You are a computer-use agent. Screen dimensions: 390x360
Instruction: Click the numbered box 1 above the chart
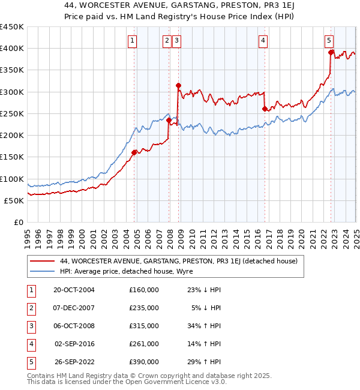coord(132,41)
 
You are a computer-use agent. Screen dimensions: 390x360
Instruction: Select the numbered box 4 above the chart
coord(263,41)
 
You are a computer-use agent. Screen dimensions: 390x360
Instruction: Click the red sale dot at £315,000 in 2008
coord(178,86)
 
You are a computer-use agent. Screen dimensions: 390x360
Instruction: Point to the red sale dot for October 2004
coord(134,152)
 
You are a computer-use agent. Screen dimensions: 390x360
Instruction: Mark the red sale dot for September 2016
coord(265,109)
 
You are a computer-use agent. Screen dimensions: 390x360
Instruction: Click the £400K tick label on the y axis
coord(12,49)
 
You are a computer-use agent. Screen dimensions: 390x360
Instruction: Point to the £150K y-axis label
coord(12,157)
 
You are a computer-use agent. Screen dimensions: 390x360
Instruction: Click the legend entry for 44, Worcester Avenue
coord(174,261)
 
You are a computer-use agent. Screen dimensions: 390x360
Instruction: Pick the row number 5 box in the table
coord(30,362)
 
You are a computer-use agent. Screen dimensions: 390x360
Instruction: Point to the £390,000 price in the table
coord(144,362)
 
